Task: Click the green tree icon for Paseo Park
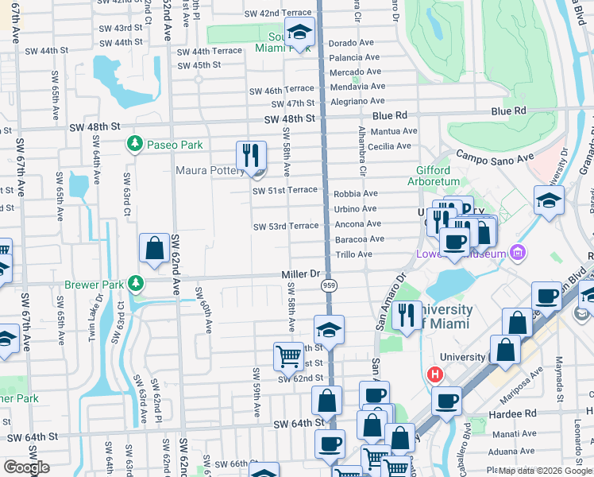coord(135,144)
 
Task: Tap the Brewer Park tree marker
coord(137,282)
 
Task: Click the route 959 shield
coord(328,284)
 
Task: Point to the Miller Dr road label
coord(299,273)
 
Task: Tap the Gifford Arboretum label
coord(433,176)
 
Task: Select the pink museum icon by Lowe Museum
coord(518,253)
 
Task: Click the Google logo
coord(26,467)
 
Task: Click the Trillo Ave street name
coord(354,254)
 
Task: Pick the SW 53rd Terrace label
coord(285,227)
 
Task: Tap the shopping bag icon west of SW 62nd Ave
coord(153,249)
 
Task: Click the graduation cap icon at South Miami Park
coord(299,33)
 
